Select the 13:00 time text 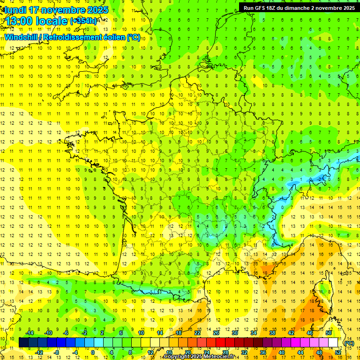coord(22,21)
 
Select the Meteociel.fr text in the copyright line coord(219,357)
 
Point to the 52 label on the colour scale coord(338,352)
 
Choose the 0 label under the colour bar coord(92,352)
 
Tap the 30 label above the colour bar coord(234,333)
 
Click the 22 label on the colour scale coord(197,333)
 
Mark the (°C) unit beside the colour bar coord(349,343)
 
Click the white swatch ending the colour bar coord(333,343)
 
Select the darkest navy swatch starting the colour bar coord(23,343)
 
